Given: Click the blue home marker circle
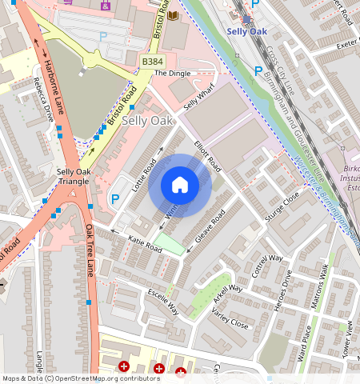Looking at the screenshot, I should [x=180, y=186].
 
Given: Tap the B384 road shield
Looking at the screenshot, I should [x=153, y=62].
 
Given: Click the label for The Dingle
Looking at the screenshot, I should [x=172, y=74].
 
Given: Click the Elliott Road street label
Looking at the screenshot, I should [x=207, y=154].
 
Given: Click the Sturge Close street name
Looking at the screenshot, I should [x=284, y=206].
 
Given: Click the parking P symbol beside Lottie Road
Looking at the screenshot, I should [x=114, y=199].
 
